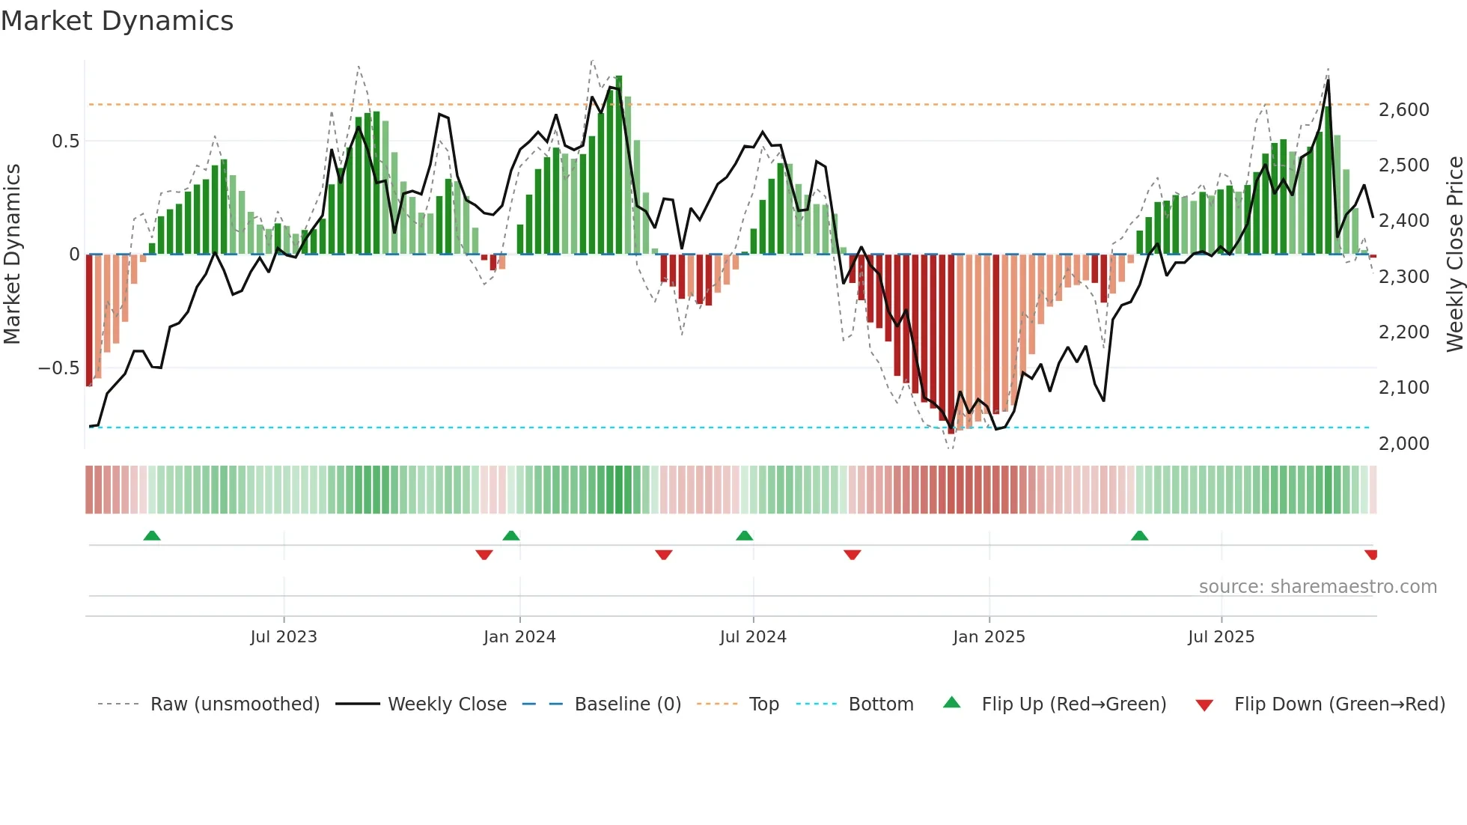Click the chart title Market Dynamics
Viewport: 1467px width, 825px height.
pyautogui.click(x=117, y=21)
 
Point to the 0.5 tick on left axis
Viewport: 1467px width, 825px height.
pyautogui.click(x=65, y=141)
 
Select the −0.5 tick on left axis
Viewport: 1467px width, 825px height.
pyautogui.click(x=58, y=368)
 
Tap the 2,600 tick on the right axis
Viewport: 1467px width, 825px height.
pyautogui.click(x=1403, y=110)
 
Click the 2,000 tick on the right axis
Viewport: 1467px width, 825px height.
pyautogui.click(x=1403, y=443)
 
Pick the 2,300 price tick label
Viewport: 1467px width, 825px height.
pyautogui.click(x=1403, y=277)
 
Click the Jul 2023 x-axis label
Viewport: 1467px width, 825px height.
pyautogui.click(x=284, y=637)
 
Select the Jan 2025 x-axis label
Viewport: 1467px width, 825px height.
pyautogui.click(x=989, y=637)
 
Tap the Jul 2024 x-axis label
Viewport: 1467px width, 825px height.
pyautogui.click(x=753, y=637)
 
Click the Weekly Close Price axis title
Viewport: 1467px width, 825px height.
pyautogui.click(x=1454, y=254)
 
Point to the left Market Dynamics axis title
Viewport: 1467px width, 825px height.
pyautogui.click(x=12, y=254)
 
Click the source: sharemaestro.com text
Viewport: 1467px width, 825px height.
pyautogui.click(x=1317, y=587)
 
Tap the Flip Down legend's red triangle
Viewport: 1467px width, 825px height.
pyautogui.click(x=1204, y=705)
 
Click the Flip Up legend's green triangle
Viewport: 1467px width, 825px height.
pyautogui.click(x=951, y=703)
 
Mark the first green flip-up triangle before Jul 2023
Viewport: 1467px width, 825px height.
pyautogui.click(x=152, y=535)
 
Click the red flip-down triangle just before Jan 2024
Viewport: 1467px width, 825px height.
pyautogui.click(x=484, y=555)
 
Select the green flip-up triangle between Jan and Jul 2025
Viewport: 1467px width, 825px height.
pyautogui.click(x=1139, y=535)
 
